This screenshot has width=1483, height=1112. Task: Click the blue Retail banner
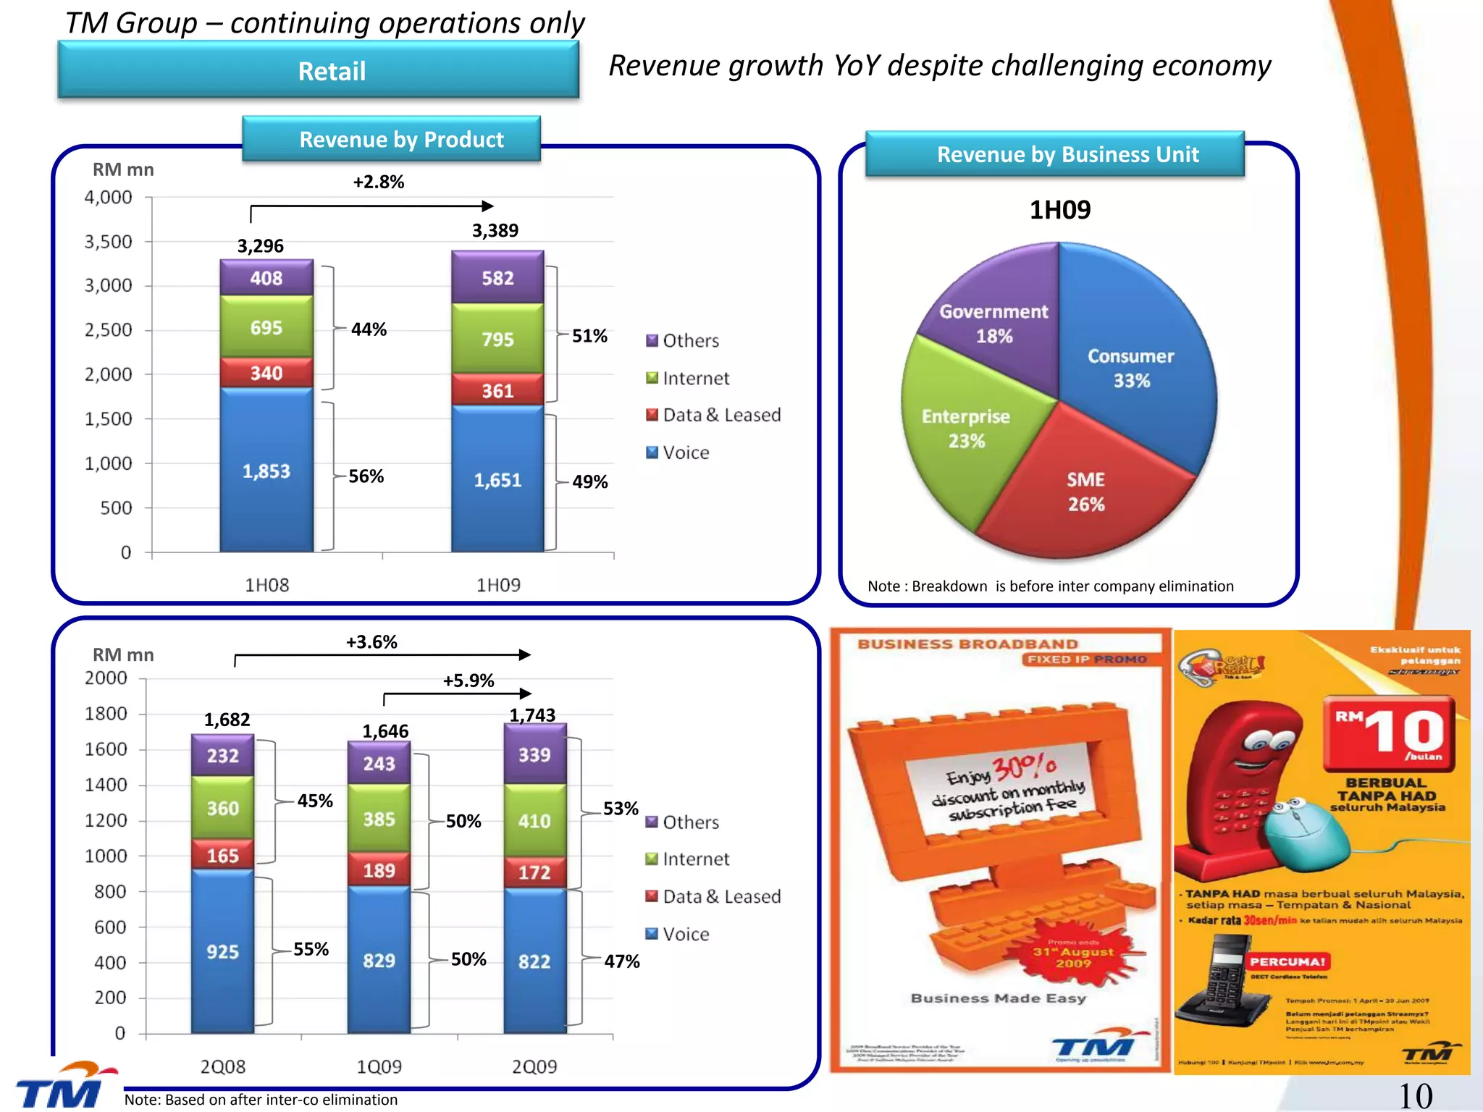pyautogui.click(x=319, y=70)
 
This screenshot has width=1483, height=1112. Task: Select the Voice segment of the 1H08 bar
pyautogui.click(x=266, y=471)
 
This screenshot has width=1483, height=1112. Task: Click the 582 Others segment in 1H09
pyautogui.click(x=497, y=278)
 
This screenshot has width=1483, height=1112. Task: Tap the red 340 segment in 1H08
pyautogui.click(x=266, y=373)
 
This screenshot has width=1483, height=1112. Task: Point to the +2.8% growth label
pyautogui.click(x=378, y=182)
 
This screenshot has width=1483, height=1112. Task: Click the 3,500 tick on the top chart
pyautogui.click(x=109, y=242)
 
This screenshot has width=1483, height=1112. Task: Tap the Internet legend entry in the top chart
pyautogui.click(x=688, y=378)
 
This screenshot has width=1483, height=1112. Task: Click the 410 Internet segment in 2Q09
pyautogui.click(x=534, y=821)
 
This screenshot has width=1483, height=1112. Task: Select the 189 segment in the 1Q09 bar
pyautogui.click(x=379, y=870)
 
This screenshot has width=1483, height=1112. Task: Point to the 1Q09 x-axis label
pyautogui.click(x=379, y=1066)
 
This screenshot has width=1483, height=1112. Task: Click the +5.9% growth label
pyautogui.click(x=468, y=681)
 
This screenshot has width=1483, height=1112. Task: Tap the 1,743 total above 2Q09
pyautogui.click(x=532, y=715)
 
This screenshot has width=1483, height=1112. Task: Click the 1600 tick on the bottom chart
pyautogui.click(x=106, y=749)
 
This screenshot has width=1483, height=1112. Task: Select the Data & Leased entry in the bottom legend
pyautogui.click(x=713, y=896)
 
